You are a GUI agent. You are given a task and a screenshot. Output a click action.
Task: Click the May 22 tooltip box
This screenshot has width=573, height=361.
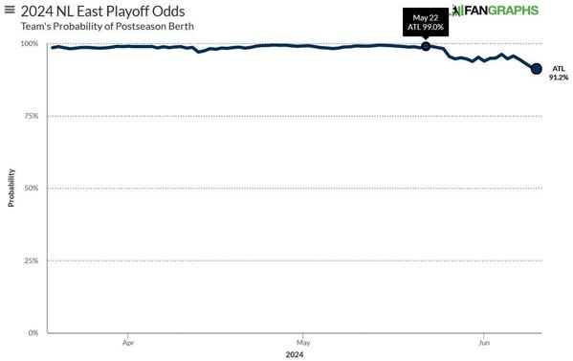point(427,22)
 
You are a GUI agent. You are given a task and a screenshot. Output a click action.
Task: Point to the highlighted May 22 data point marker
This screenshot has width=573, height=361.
point(426,46)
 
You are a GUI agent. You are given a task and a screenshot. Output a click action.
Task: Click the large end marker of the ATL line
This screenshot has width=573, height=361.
point(537,69)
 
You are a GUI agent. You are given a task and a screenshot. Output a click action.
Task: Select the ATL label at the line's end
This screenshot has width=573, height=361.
point(559,69)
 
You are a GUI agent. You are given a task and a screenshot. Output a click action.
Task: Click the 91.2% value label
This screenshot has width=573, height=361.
point(559,79)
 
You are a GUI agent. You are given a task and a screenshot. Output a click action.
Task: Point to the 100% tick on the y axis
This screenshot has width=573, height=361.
point(30,44)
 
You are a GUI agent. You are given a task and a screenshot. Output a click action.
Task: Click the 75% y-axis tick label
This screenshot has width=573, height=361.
point(31,116)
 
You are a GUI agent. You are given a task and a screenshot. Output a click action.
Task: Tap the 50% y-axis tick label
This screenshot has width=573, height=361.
point(31,189)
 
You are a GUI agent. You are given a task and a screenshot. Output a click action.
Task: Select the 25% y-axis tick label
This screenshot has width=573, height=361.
point(31,260)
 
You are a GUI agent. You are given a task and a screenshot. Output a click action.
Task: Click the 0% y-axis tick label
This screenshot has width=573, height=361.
point(33,333)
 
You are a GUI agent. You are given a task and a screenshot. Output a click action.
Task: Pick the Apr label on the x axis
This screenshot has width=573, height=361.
point(128,341)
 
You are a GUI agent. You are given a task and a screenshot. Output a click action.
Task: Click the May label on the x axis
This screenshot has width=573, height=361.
point(302,341)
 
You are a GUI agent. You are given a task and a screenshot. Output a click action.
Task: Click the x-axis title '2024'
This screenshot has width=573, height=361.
point(295,354)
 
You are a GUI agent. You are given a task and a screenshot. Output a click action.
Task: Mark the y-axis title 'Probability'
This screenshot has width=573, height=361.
point(11,189)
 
